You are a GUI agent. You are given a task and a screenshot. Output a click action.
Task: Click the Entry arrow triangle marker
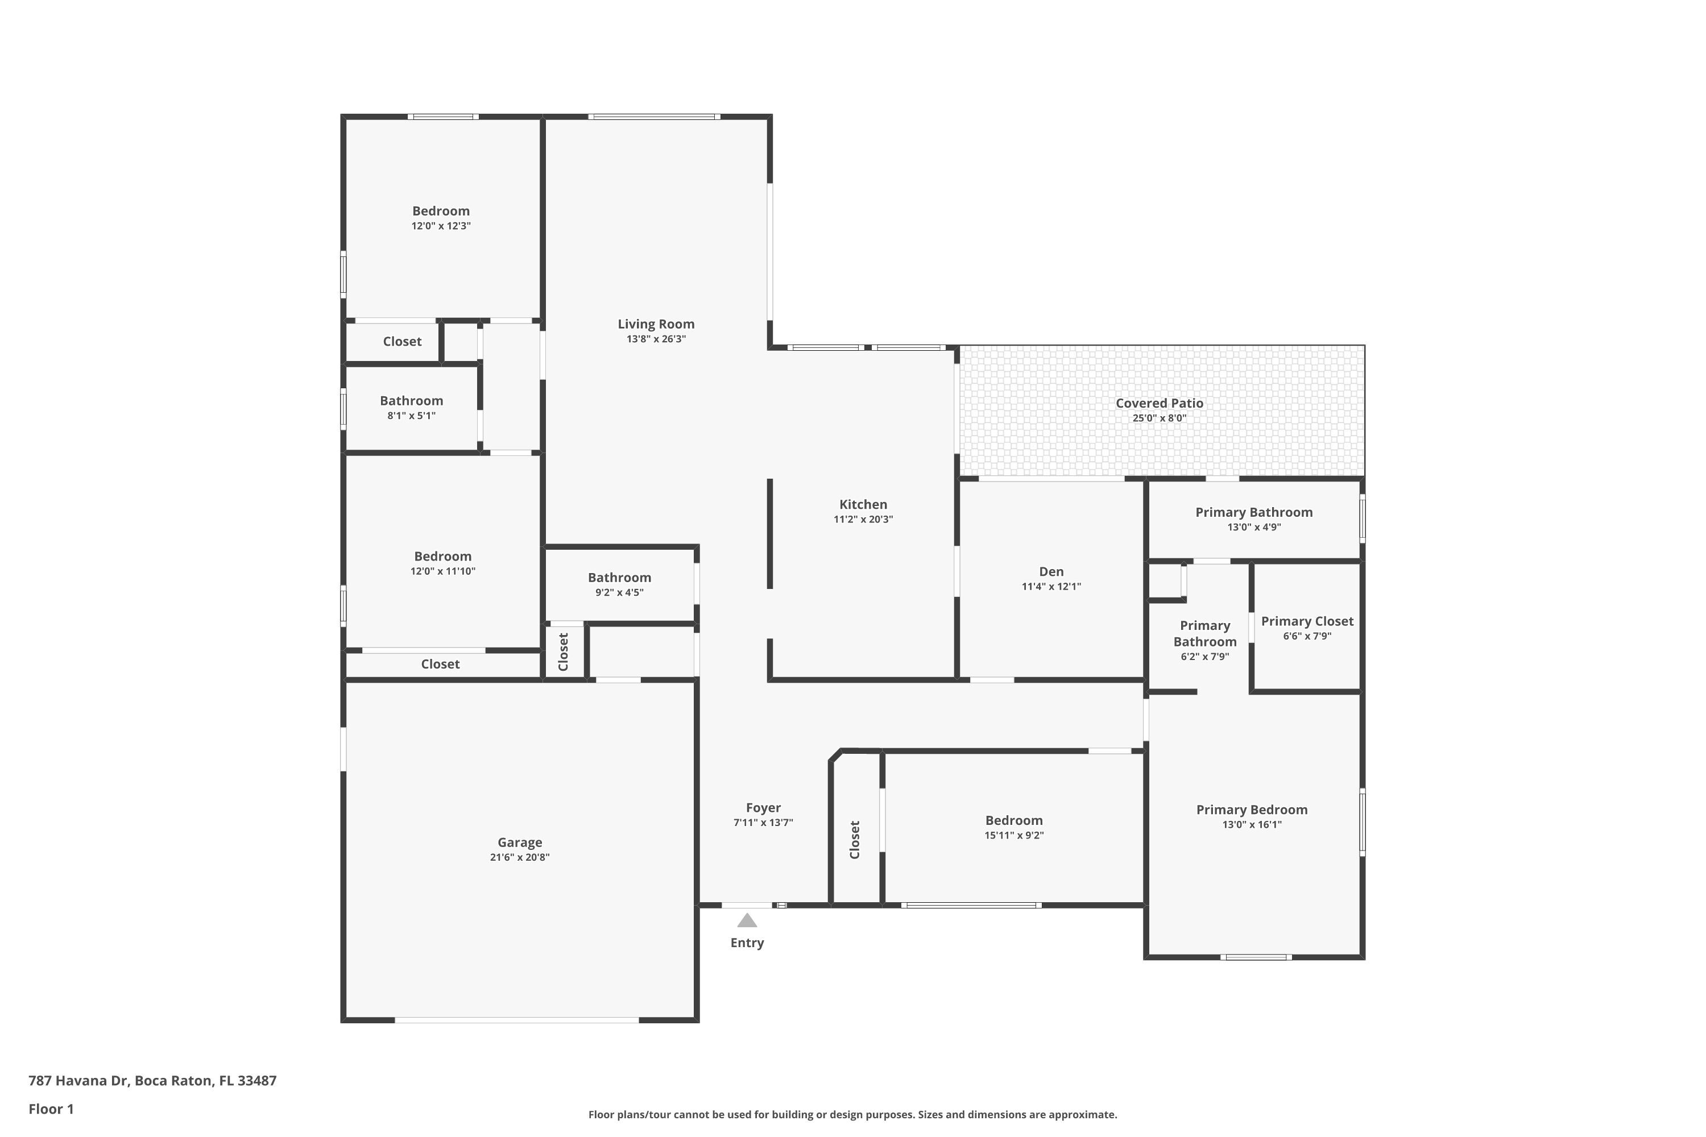747,920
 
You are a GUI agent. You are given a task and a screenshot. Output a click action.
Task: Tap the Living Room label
656,324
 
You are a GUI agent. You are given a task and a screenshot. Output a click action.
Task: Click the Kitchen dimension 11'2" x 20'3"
863,519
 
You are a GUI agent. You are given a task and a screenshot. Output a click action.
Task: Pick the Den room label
1051,571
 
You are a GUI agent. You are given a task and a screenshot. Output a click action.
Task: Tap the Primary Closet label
1307,621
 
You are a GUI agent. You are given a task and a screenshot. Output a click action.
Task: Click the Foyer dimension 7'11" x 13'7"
763,822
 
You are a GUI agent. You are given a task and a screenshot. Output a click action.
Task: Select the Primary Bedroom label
1252,810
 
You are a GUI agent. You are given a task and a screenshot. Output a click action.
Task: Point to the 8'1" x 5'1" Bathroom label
411,401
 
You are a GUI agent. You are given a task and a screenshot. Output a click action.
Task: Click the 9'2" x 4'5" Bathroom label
619,578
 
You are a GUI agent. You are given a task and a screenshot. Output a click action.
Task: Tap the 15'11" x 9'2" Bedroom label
1014,821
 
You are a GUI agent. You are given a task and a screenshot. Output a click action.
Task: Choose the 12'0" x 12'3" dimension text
441,226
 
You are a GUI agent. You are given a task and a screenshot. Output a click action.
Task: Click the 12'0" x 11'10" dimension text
442,571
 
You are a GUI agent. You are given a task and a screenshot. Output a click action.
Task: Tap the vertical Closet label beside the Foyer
855,840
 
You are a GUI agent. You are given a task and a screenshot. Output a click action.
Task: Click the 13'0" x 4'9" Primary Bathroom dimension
1254,527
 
